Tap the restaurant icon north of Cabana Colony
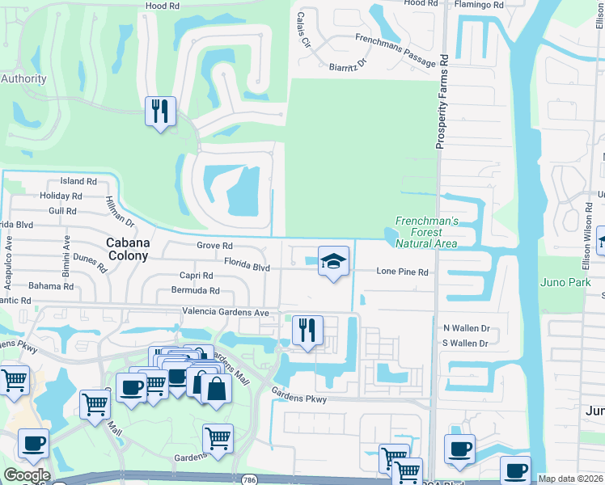160,111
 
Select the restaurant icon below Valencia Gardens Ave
307,330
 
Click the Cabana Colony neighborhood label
128,249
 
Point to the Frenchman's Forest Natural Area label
426,232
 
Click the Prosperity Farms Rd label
442,103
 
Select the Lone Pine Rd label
402,272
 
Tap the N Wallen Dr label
467,328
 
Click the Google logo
26,476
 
